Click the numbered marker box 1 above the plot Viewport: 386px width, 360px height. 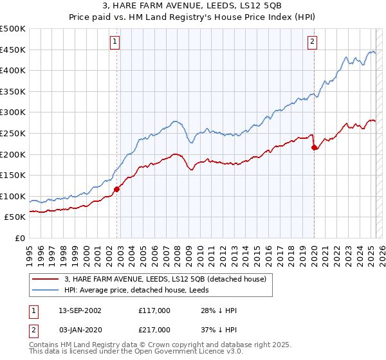(x=115, y=42)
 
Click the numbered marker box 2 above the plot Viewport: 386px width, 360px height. (x=312, y=42)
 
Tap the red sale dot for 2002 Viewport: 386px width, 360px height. (x=117, y=189)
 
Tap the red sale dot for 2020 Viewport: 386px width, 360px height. (x=315, y=147)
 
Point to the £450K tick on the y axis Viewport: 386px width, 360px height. (x=13, y=50)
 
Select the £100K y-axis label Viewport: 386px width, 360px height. (x=13, y=196)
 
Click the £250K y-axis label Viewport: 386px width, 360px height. (x=13, y=133)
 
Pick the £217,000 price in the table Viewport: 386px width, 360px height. (x=154, y=329)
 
